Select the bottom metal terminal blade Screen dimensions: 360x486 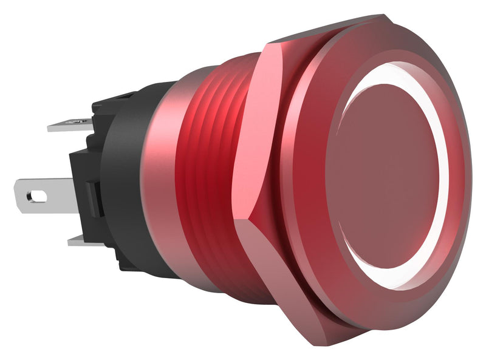[82, 240]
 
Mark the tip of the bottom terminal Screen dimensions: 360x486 [70, 242]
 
